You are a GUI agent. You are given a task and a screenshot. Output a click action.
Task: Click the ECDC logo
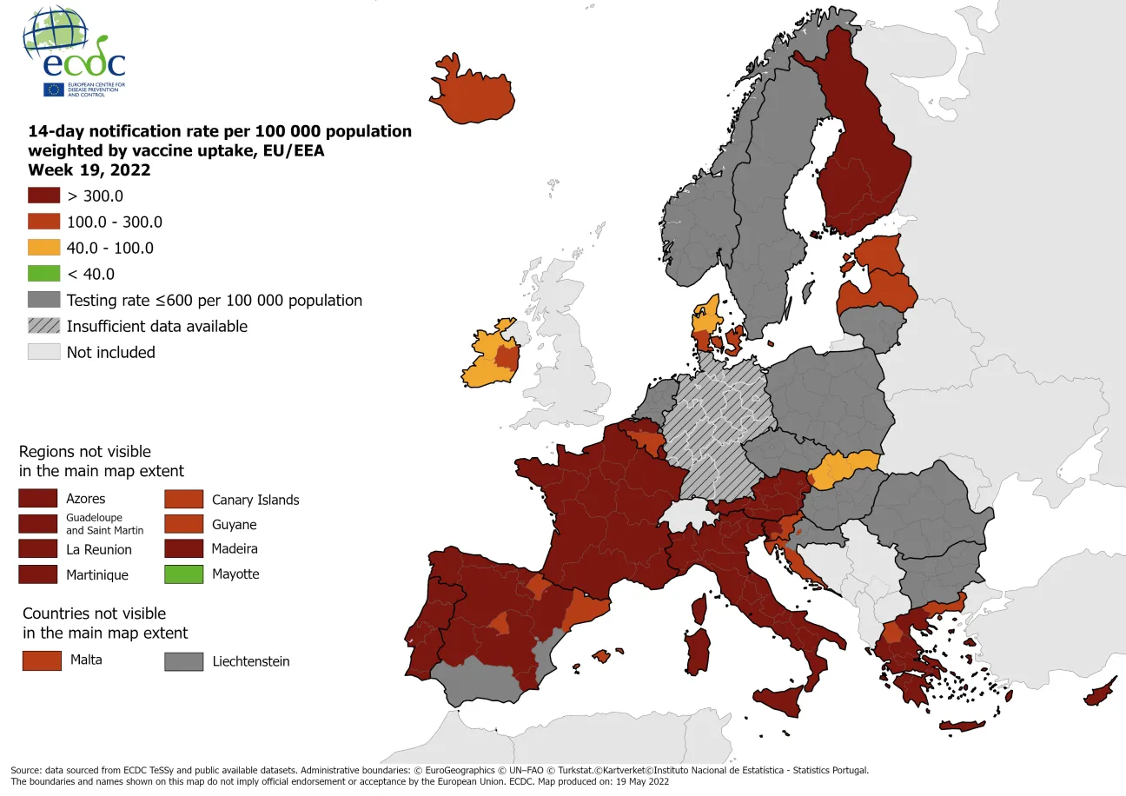point(74,52)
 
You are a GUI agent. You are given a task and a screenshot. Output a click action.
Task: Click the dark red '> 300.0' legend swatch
point(43,196)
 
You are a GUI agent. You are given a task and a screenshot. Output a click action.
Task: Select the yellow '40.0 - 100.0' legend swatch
point(43,248)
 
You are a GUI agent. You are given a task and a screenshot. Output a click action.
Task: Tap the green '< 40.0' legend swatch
point(43,274)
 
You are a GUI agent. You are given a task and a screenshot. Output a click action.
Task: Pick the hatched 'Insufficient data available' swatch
point(43,326)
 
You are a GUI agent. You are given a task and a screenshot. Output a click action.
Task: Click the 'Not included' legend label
point(110,352)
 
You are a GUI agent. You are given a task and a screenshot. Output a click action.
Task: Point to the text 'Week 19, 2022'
point(89,169)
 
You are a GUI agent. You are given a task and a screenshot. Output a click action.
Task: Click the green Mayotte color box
point(182,574)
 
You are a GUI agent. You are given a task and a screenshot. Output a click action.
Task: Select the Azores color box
point(39,498)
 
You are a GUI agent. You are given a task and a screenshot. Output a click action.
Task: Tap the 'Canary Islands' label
point(255,500)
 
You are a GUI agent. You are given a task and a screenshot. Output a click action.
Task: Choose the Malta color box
point(42,660)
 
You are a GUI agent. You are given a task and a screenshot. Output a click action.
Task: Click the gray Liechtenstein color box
point(183,661)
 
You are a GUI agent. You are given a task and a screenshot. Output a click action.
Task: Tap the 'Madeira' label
point(235,548)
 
